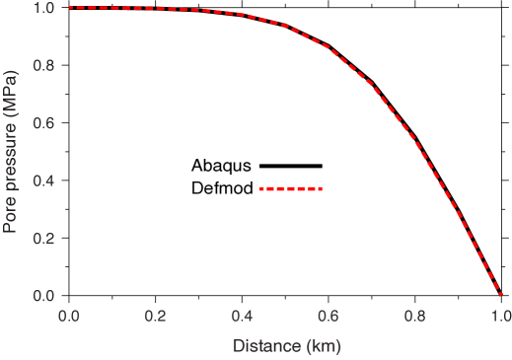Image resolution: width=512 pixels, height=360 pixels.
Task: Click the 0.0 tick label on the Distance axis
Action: tap(69, 316)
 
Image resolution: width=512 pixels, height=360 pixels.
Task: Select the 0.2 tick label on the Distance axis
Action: tap(156, 316)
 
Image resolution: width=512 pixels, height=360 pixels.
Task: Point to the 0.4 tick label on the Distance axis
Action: tap(242, 316)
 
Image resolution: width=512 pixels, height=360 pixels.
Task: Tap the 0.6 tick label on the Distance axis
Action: tap(329, 316)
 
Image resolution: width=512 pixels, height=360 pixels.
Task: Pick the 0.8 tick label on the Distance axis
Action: tap(414, 316)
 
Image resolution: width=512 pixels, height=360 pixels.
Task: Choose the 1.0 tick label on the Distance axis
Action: tap(500, 316)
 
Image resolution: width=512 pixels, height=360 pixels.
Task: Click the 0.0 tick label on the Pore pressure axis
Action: tap(43, 296)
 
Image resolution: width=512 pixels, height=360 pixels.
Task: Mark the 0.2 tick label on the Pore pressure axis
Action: tap(43, 239)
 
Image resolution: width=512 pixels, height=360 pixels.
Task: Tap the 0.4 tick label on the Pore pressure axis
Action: tap(43, 181)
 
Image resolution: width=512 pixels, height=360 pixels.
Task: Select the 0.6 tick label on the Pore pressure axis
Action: tap(43, 123)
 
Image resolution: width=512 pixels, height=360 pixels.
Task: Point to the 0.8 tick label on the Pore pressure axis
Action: tap(43, 66)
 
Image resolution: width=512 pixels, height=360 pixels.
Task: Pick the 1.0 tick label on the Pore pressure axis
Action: tap(43, 8)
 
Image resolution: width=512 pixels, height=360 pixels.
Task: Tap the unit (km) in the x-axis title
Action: tap(323, 346)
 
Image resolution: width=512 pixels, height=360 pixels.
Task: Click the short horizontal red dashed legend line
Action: tap(290, 188)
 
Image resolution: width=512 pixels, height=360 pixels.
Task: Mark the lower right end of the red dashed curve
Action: tap(500, 294)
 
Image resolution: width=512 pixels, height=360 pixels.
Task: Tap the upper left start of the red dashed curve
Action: tap(71, 7)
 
